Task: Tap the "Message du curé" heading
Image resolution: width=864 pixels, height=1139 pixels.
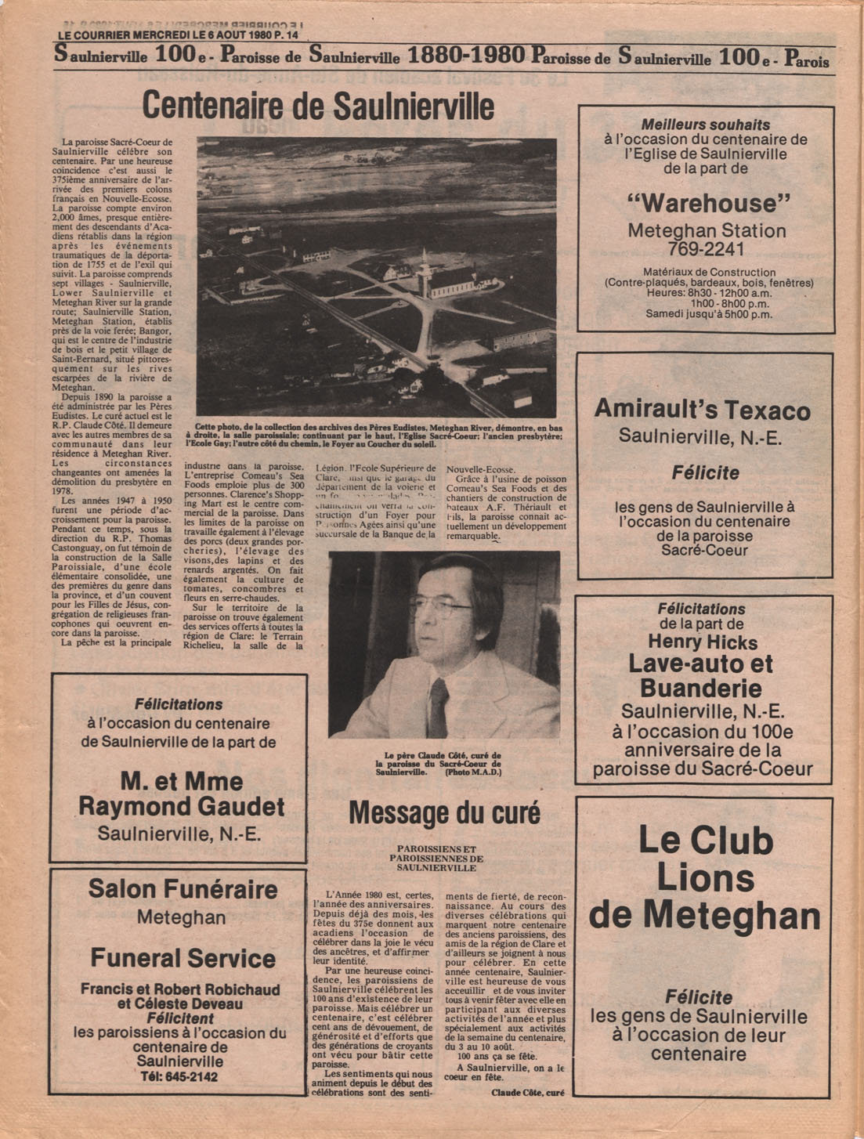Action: [444, 812]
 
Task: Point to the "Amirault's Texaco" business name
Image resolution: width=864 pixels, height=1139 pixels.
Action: [702, 409]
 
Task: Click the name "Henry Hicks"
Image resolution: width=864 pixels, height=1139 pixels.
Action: [702, 642]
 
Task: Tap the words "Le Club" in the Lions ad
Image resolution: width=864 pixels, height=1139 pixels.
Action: [705, 840]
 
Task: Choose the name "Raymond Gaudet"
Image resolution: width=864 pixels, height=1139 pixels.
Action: [181, 806]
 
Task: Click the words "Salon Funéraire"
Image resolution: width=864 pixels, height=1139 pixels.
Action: [183, 889]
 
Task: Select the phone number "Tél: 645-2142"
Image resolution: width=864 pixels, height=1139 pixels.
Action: [181, 1076]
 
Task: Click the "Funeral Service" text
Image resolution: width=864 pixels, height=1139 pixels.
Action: [183, 957]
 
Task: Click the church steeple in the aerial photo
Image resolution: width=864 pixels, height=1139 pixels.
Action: [424, 266]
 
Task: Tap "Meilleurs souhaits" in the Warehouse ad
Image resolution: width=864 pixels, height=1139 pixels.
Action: [705, 125]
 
